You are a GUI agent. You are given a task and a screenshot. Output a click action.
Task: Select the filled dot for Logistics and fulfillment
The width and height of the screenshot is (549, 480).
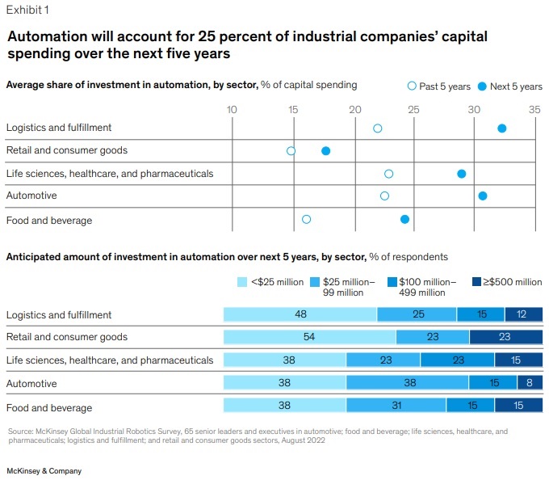(501, 128)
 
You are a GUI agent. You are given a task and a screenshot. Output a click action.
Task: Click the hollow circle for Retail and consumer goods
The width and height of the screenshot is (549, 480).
(291, 151)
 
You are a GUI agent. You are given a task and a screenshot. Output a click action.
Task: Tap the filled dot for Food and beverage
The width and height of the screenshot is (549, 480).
(404, 219)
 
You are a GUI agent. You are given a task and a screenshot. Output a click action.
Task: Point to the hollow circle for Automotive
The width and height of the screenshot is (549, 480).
(384, 196)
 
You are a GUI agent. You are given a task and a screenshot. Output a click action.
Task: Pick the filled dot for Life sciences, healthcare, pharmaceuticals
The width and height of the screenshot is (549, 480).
(461, 174)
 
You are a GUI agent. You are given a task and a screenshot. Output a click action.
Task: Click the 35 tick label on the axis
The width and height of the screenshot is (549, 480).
(534, 108)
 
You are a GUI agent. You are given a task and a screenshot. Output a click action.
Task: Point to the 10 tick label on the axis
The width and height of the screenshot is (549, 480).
(231, 108)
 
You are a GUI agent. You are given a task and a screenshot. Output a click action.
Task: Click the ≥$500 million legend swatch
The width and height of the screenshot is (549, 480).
(477, 282)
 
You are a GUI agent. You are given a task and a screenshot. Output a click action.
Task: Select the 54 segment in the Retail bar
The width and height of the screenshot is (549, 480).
(309, 337)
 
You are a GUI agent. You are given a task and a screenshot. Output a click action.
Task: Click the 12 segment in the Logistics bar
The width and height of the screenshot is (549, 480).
(523, 314)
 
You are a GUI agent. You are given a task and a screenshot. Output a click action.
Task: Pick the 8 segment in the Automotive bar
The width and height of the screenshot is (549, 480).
(530, 383)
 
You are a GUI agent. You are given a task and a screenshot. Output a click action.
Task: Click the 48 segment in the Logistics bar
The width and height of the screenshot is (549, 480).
(300, 314)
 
